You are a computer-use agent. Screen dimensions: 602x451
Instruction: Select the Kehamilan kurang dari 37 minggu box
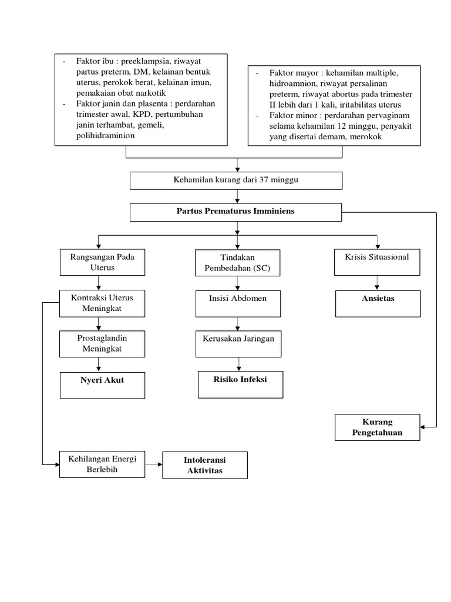(x=236, y=180)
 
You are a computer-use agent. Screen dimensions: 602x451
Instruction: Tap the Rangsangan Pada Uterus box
(x=102, y=262)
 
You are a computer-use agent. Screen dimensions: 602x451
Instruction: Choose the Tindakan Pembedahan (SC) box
(x=238, y=263)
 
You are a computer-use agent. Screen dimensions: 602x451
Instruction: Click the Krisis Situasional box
(x=377, y=262)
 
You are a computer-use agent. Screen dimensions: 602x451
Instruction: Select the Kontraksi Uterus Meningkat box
(x=102, y=303)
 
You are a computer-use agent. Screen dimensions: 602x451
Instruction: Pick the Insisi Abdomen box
(x=238, y=303)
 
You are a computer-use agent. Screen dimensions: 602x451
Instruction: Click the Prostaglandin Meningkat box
(x=102, y=343)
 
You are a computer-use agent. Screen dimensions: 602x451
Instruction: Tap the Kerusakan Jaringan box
(x=238, y=343)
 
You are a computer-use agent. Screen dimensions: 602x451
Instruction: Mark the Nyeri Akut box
(x=102, y=384)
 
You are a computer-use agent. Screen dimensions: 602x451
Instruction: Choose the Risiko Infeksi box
(x=240, y=384)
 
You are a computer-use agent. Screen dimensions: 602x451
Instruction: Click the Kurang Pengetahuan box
(x=378, y=427)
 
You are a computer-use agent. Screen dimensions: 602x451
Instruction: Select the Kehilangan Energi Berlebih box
(x=102, y=464)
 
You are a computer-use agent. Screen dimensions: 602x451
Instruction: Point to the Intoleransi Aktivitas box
(x=205, y=465)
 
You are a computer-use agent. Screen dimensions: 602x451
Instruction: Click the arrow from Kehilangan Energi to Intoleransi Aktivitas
(x=153, y=464)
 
